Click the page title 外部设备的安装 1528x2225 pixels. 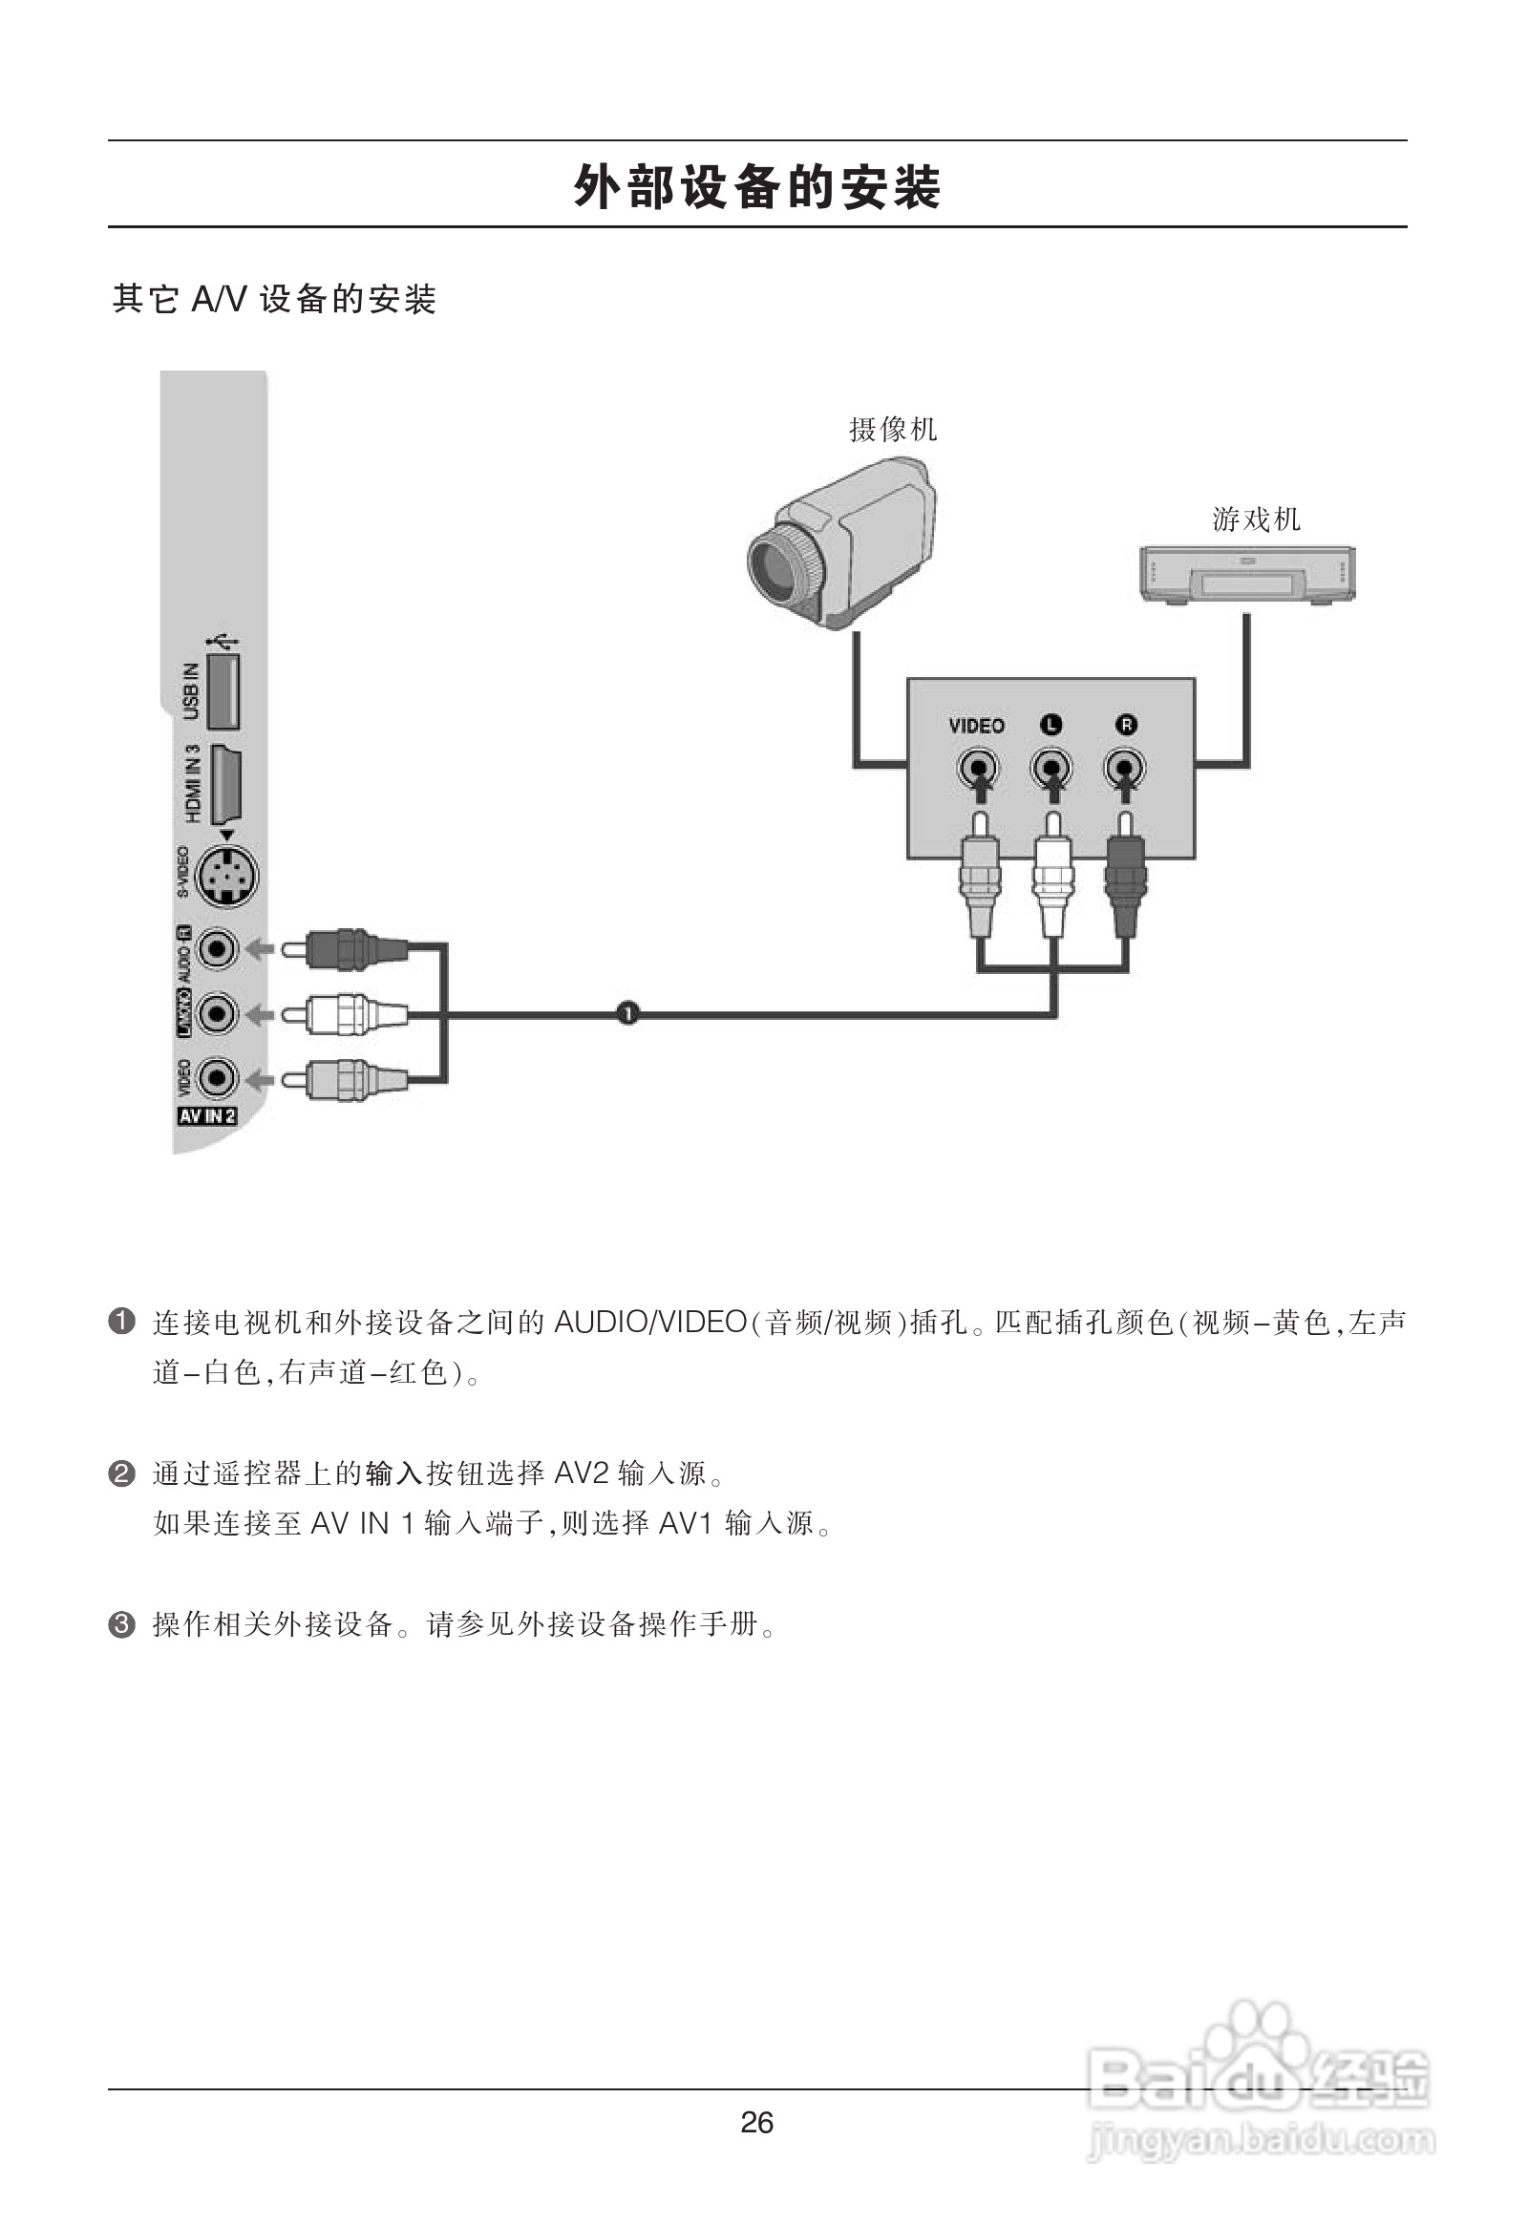click(756, 187)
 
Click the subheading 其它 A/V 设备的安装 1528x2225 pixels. click(274, 300)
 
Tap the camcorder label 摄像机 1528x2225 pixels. click(892, 430)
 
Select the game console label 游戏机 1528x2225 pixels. click(1256, 519)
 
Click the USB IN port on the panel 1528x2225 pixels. click(223, 690)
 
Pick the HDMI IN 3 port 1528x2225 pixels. click(226, 784)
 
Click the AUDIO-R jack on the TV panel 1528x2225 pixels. click(218, 950)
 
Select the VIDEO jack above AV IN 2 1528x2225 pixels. click(218, 1079)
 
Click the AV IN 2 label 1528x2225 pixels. click(207, 1115)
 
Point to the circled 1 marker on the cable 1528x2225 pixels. click(627, 1013)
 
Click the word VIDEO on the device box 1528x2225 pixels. click(977, 726)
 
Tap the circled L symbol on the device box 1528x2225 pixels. click(1051, 725)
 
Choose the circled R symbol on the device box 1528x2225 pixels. click(1126, 725)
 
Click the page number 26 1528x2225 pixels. click(756, 2123)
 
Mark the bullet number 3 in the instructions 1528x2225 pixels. click(121, 1624)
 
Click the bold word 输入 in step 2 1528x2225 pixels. click(393, 1473)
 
